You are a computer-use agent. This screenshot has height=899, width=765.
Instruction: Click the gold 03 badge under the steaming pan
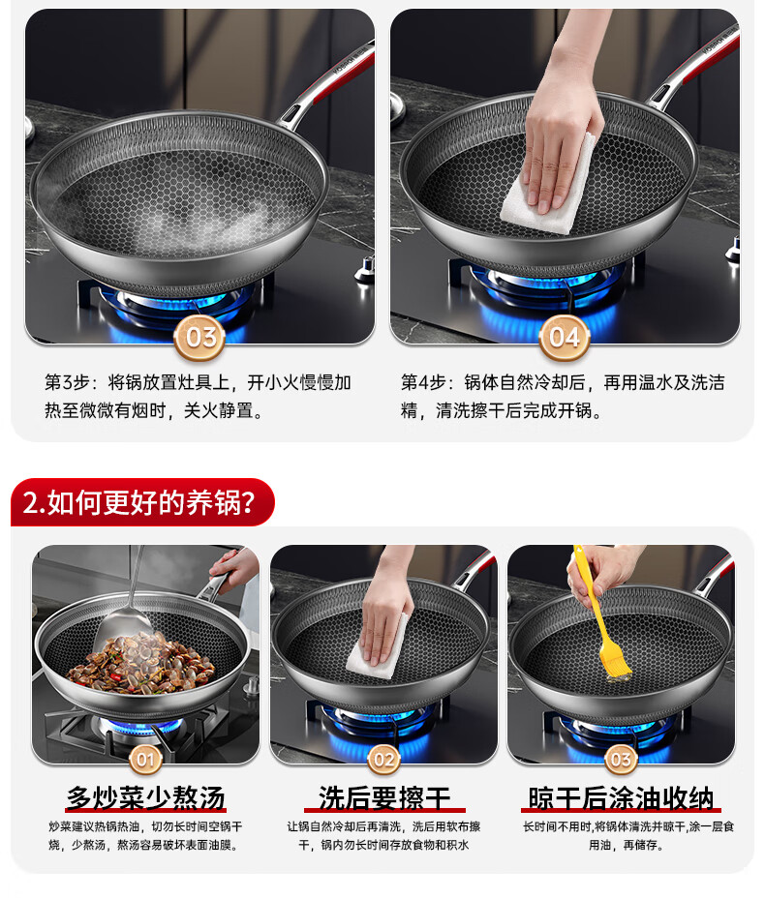point(199,337)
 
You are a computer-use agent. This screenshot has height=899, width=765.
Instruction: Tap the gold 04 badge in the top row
point(565,337)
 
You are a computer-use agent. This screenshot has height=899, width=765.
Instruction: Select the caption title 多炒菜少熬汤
point(145,798)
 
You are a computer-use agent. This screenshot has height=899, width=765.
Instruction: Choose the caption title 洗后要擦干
point(383,798)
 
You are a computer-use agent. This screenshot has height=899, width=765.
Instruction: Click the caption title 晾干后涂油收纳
point(621,798)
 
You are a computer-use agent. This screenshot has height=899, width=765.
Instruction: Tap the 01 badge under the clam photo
point(145,760)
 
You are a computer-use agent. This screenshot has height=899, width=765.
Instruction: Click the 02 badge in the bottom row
point(383,760)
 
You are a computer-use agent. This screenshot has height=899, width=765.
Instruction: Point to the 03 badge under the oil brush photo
point(621,760)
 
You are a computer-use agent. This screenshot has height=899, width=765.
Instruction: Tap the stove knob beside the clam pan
point(251,687)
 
